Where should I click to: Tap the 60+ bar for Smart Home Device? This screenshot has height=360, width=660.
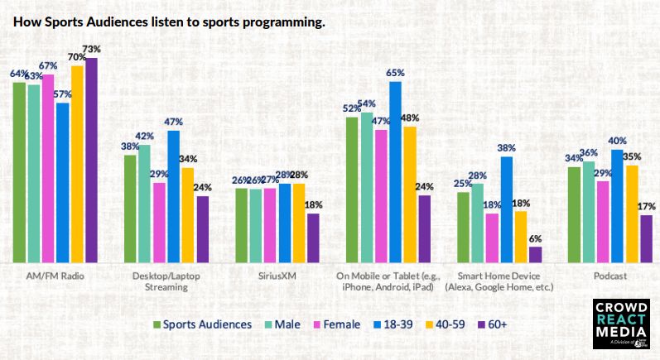(535, 253)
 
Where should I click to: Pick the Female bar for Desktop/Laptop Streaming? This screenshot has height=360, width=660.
(159, 221)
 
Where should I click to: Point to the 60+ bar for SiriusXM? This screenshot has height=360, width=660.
(313, 237)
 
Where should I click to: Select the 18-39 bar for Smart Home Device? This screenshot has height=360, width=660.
(507, 208)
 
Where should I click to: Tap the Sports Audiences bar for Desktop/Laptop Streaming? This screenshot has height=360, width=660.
(130, 207)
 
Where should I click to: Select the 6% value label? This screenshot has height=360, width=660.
(535, 238)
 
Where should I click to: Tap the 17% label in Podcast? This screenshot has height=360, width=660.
(646, 207)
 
